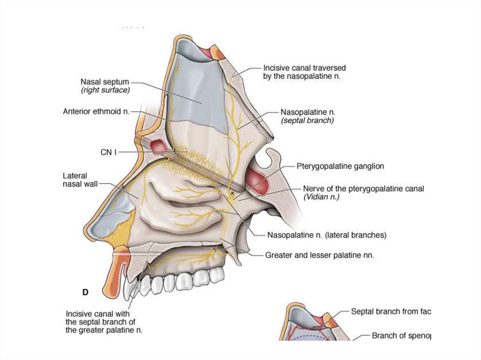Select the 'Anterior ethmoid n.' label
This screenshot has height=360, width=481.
point(96,112)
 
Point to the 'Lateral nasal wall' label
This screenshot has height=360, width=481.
point(80,180)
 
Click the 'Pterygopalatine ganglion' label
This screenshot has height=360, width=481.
point(341,166)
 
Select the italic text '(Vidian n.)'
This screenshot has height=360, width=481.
point(321,197)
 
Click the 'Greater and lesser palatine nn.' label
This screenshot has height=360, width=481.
point(319,255)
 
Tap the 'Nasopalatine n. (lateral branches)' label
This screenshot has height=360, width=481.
point(326,235)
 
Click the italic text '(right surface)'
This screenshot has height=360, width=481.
point(105,90)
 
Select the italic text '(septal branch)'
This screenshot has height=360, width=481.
point(308,121)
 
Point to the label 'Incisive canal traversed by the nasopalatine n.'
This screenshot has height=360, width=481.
point(304,72)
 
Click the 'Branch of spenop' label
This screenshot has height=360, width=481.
point(401,336)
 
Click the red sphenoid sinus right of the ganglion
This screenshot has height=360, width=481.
point(257,179)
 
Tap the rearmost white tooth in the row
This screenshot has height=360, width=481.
point(216,275)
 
